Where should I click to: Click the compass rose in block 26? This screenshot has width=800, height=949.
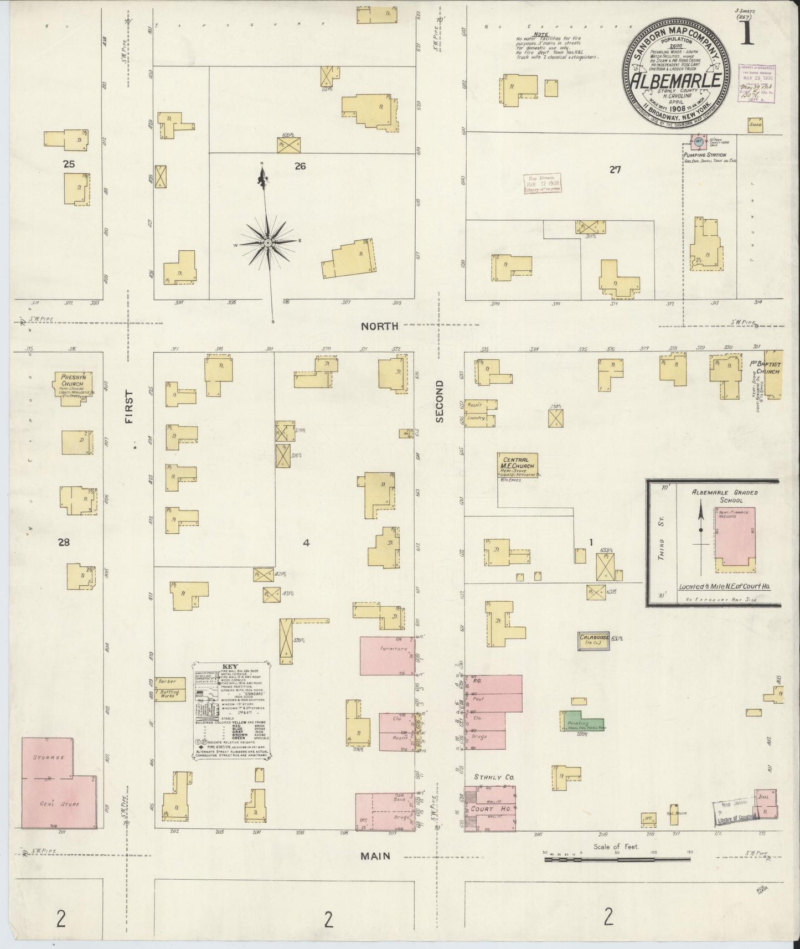tap(267, 243)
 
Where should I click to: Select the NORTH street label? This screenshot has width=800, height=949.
tap(379, 327)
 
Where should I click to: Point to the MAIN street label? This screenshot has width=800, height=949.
tap(375, 855)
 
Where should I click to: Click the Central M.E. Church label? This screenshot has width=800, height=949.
tap(515, 463)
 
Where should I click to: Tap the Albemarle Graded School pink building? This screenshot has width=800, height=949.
tap(732, 537)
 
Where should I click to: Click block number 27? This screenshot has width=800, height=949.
tap(615, 170)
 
